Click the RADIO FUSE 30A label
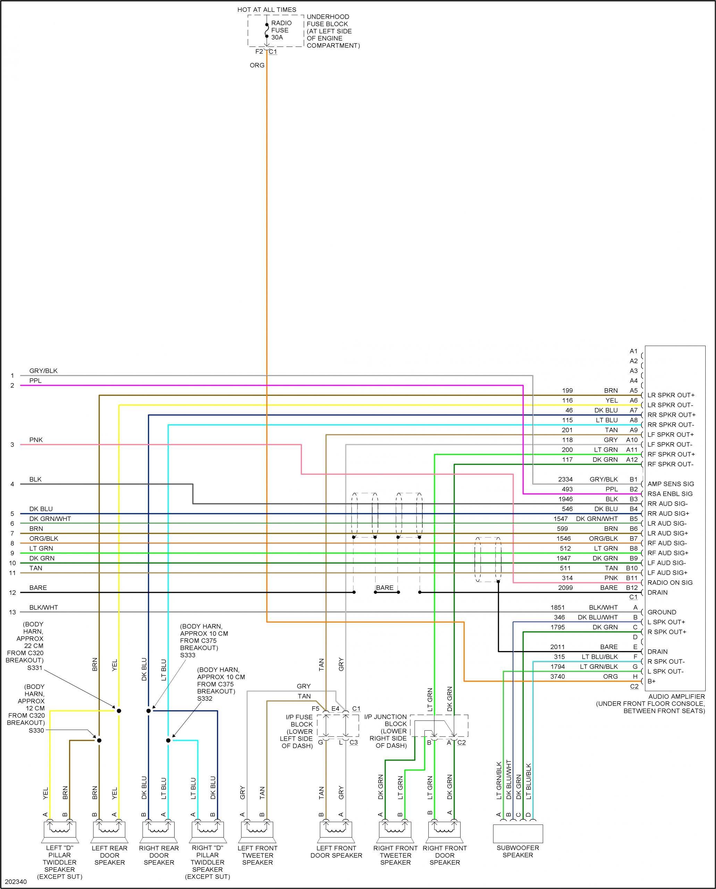(x=281, y=30)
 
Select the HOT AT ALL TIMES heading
(x=267, y=9)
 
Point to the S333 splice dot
(x=149, y=711)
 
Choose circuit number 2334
(x=565, y=479)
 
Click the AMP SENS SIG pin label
(x=670, y=484)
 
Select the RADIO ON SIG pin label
(x=670, y=582)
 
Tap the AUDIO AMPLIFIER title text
(x=676, y=696)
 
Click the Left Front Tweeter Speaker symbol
(x=257, y=831)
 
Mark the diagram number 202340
(x=16, y=882)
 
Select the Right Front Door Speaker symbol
(x=444, y=831)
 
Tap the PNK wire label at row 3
(x=36, y=440)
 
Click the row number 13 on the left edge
(x=12, y=612)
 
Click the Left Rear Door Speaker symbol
(x=109, y=831)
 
